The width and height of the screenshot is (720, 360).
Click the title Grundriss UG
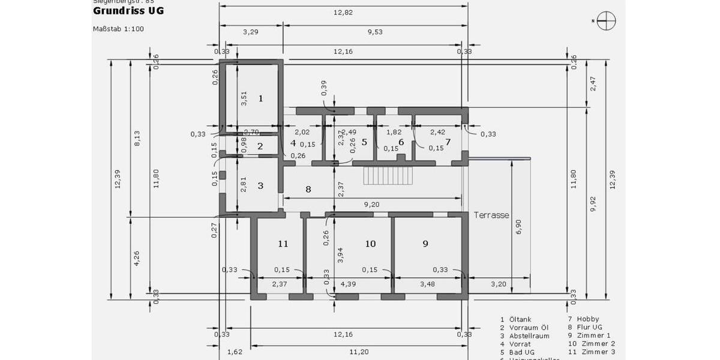[128, 11]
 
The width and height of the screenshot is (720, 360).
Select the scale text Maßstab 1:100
[118, 29]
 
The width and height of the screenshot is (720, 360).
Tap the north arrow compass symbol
[606, 21]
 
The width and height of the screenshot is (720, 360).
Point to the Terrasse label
[491, 215]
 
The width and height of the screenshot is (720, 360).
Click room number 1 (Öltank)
[260, 98]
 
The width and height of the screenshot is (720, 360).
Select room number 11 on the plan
[283, 244]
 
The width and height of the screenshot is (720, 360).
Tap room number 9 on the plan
[425, 244]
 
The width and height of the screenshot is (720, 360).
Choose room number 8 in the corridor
[308, 190]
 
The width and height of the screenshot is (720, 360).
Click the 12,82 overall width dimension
[343, 12]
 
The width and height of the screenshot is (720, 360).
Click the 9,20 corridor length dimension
[371, 205]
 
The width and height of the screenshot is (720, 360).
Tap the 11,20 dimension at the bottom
[361, 352]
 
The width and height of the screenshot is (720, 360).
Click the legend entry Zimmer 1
[593, 335]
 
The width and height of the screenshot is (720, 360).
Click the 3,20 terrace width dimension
[499, 284]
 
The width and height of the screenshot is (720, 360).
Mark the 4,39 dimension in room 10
[348, 284]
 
